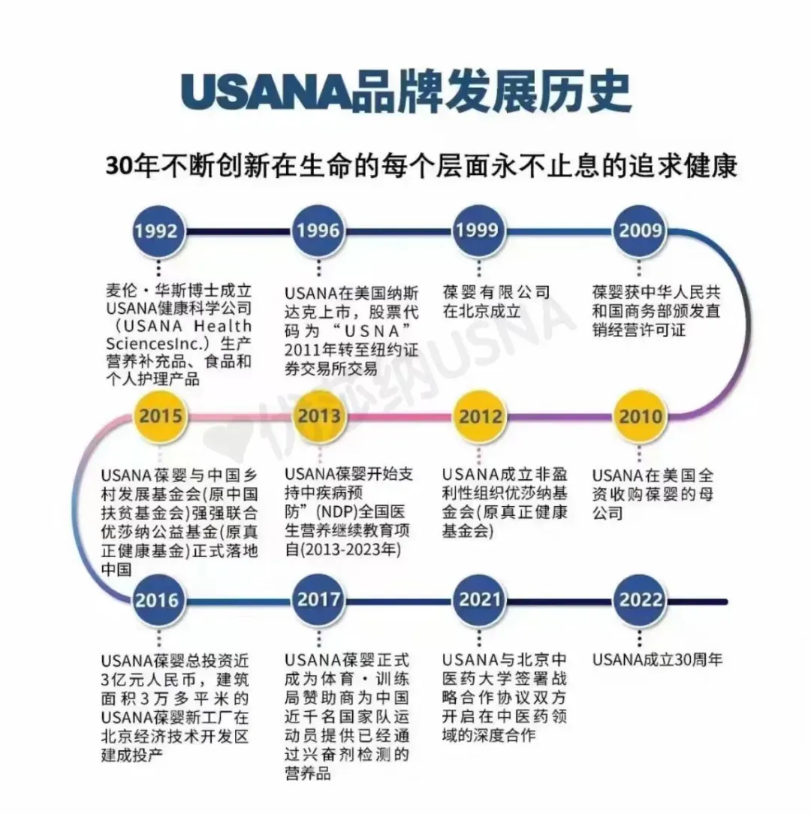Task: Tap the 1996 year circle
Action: pyautogui.click(x=318, y=231)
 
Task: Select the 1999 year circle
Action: pyautogui.click(x=479, y=231)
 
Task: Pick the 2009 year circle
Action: pyautogui.click(x=640, y=231)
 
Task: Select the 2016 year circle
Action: pyautogui.click(x=158, y=600)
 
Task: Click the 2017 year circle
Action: pyautogui.click(x=318, y=600)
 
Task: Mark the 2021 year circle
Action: pyautogui.click(x=480, y=600)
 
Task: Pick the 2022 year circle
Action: pyautogui.click(x=641, y=600)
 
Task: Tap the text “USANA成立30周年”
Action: pyautogui.click(x=657, y=660)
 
